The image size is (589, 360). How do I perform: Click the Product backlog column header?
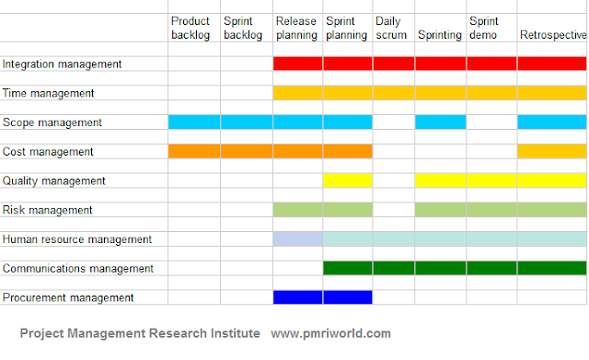point(191,27)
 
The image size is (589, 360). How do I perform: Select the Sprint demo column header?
point(485,27)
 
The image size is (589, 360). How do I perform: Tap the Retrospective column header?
point(552,35)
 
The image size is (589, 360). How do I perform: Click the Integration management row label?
point(62,64)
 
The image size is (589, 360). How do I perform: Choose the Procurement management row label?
point(68,297)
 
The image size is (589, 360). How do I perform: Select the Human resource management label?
point(77,239)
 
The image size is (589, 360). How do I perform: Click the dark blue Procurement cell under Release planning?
point(298,297)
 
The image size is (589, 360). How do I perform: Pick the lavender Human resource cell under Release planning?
point(298,239)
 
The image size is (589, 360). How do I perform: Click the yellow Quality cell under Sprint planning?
point(348,180)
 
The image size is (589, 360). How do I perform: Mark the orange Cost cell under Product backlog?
point(194,152)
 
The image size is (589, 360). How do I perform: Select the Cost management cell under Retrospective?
point(552,152)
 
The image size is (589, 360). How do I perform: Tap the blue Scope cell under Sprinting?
point(440,122)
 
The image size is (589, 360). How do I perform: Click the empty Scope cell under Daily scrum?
point(394,122)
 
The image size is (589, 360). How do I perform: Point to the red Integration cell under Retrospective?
point(552,64)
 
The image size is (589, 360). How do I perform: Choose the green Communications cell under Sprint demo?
point(491,269)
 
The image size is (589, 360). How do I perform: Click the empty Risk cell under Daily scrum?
point(394,210)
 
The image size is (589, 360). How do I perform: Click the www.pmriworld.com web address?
point(331,333)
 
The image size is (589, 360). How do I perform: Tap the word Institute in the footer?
point(231,333)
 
